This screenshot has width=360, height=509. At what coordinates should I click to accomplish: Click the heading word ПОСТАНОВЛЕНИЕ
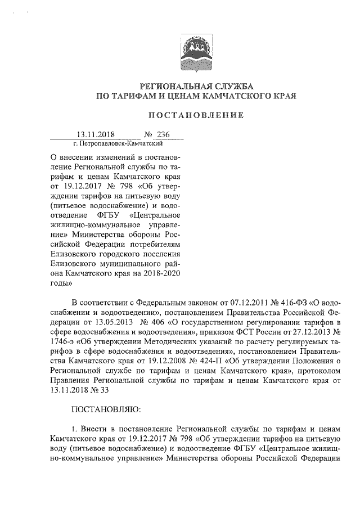point(196,115)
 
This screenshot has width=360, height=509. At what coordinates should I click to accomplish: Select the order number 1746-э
point(63,342)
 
